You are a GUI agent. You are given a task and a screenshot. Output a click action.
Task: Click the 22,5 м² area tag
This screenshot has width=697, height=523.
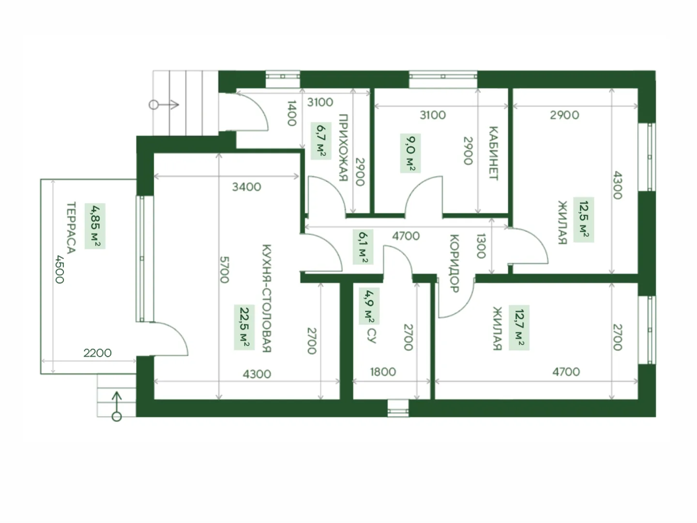[244, 327]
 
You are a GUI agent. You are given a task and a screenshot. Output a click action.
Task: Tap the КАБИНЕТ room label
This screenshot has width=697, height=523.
[493, 153]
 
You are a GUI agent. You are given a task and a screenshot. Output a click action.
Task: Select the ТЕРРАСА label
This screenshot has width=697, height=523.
[71, 228]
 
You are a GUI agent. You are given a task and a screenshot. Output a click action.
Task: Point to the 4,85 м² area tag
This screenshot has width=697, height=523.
[95, 226]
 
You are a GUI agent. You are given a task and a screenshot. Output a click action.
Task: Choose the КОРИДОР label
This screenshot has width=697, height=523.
[455, 263]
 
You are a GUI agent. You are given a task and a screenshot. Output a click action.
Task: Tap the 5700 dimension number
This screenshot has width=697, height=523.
[224, 270]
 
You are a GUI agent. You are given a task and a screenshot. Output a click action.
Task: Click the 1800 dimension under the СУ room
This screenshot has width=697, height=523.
[383, 372]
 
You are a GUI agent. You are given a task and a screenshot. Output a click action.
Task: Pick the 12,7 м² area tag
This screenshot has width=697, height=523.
[519, 328]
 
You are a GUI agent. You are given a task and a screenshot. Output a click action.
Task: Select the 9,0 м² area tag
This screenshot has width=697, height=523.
[410, 153]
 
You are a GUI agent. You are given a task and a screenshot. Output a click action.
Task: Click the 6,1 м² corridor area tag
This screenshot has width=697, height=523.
[363, 247]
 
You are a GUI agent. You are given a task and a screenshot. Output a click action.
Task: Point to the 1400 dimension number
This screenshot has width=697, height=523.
[292, 113]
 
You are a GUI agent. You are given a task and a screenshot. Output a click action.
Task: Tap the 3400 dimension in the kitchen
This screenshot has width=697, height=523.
[247, 187]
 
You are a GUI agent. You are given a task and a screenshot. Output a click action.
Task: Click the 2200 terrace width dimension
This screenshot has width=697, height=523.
[97, 353]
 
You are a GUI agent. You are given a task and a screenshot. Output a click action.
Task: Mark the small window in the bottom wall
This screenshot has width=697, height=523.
[398, 408]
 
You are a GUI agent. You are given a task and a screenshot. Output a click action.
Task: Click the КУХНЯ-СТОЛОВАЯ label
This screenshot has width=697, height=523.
[267, 298]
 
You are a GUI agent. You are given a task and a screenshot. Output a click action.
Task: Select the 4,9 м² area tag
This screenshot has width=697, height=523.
[369, 306]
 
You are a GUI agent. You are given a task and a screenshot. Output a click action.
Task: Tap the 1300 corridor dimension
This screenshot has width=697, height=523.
[481, 246]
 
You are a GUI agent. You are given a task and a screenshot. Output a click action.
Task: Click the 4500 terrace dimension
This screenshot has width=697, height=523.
[60, 269]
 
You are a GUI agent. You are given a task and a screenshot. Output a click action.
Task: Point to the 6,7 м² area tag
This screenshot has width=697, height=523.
[321, 141]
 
